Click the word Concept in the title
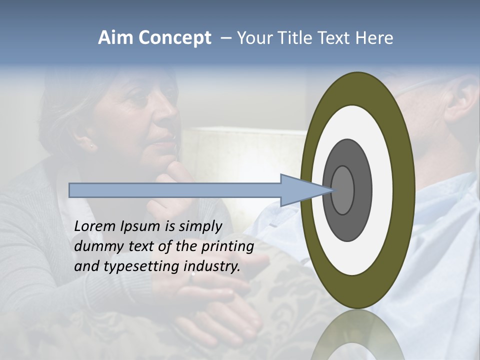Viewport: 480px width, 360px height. pos(173,38)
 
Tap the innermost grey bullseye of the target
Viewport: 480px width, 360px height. pos(342,190)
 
